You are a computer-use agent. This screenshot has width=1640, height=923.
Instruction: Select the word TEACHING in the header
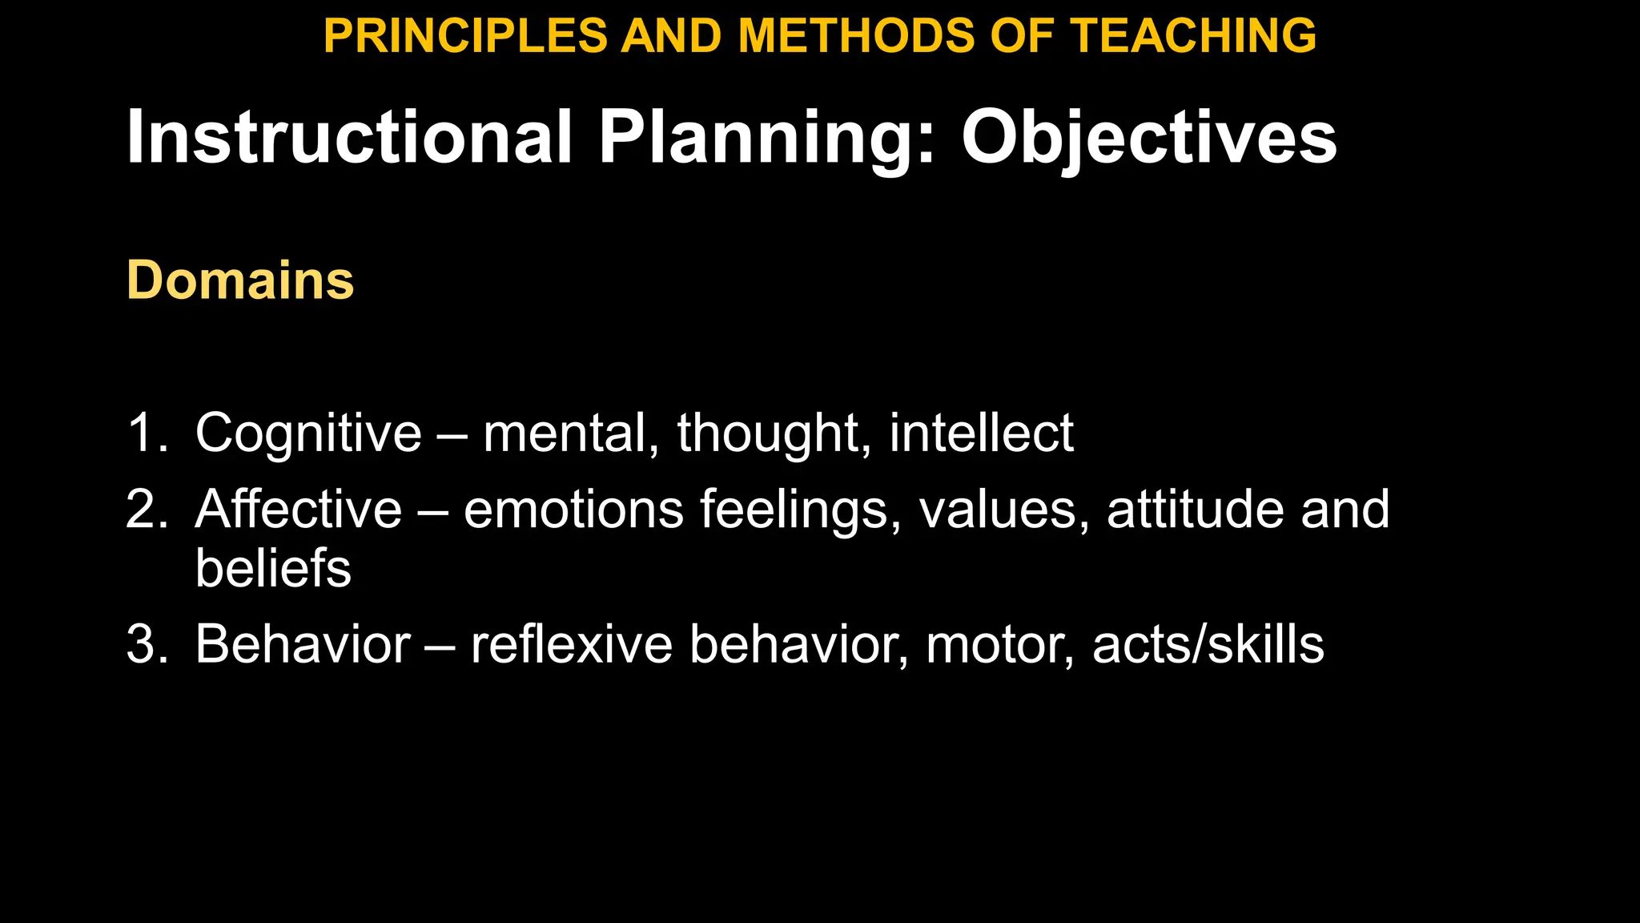pos(1193,36)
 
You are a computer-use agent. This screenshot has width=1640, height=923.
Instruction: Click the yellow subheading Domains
pos(240,280)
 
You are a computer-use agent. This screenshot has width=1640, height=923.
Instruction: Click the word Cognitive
pos(308,433)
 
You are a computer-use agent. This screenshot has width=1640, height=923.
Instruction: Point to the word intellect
pos(981,433)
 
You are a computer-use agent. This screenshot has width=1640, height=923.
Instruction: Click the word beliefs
pos(273,568)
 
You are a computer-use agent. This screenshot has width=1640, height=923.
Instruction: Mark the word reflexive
pos(571,643)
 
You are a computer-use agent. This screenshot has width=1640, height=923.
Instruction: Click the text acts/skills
pos(1208,643)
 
